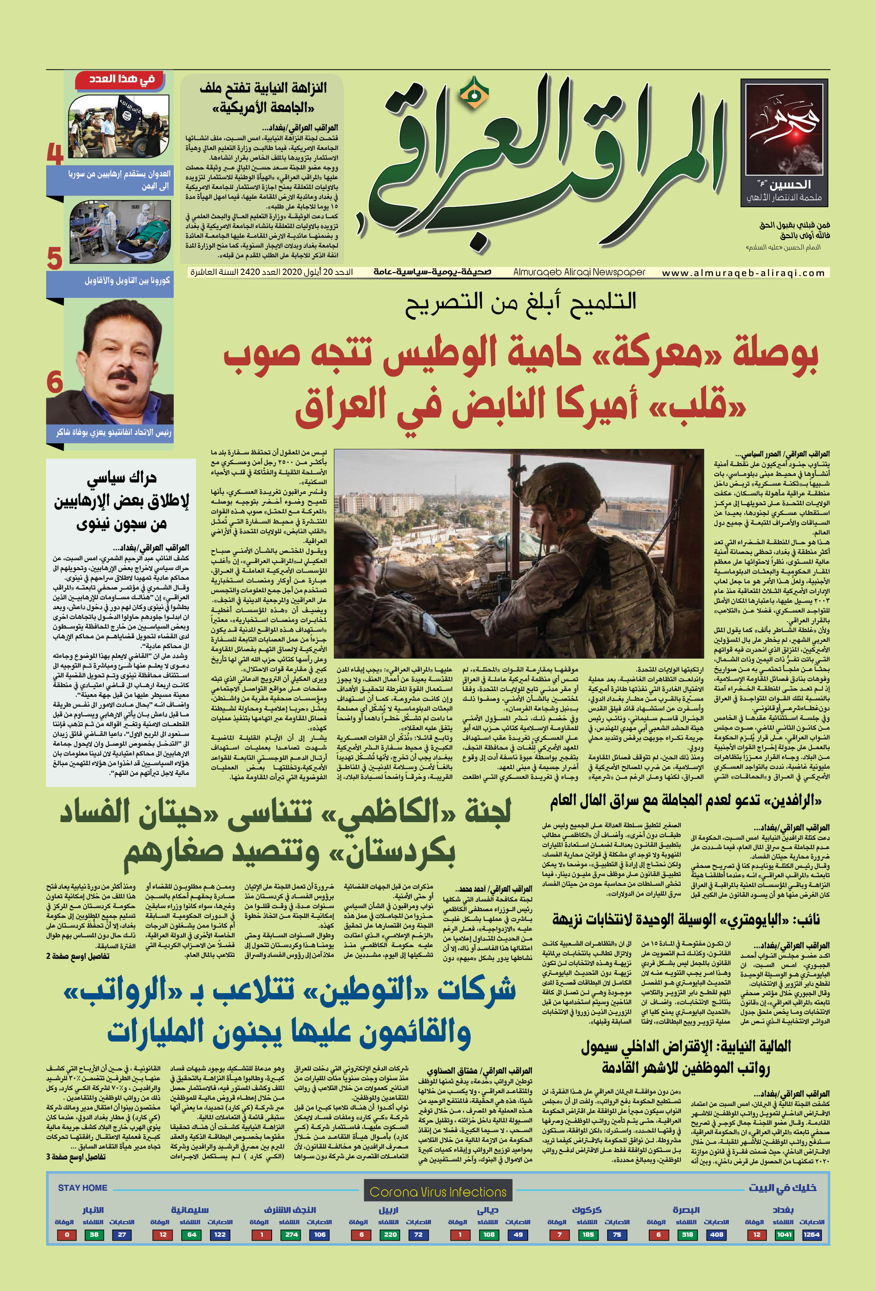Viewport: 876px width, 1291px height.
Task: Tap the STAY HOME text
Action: tap(82, 1188)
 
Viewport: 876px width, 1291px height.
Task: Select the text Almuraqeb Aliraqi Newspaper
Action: tap(579, 272)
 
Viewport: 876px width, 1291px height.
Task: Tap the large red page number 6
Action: tap(54, 382)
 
